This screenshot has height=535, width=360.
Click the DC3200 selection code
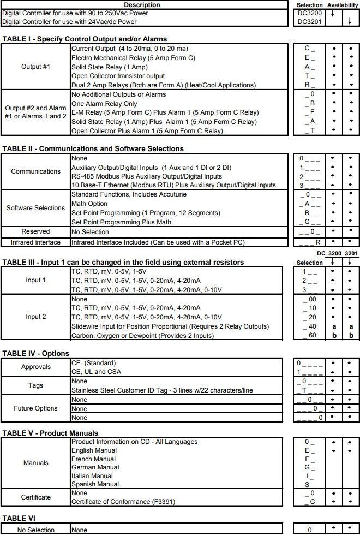(x=309, y=13)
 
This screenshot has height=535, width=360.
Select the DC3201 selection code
(x=309, y=22)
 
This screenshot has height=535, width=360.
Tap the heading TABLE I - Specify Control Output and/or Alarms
(x=85, y=39)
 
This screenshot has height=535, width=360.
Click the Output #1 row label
(x=35, y=67)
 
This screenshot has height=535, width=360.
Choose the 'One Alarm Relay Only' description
(x=104, y=104)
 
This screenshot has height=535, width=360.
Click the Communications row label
(x=35, y=171)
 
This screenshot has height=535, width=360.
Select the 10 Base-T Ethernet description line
(x=173, y=186)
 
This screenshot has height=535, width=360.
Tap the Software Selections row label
(x=35, y=208)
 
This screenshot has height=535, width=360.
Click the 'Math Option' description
(x=89, y=204)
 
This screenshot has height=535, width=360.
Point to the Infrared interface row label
(x=35, y=242)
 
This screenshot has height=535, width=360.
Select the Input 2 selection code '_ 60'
(x=309, y=336)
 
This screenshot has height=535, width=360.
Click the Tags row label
(x=35, y=385)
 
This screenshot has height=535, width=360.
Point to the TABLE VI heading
(x=19, y=518)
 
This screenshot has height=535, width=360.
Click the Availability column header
(x=343, y=4)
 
